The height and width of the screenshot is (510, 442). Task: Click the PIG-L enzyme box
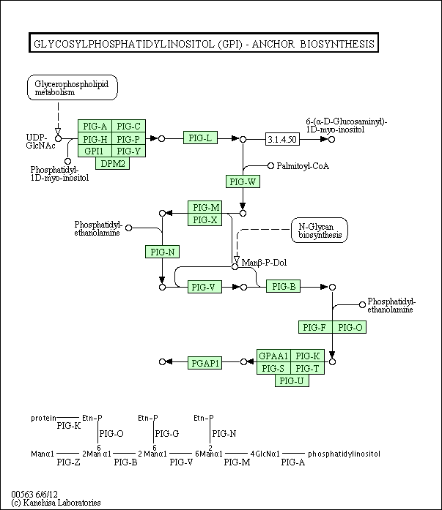200,138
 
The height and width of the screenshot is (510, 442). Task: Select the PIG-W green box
243,181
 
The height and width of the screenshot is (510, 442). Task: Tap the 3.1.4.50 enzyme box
282,138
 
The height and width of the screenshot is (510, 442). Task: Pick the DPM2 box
112,163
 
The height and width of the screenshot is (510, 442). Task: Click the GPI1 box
95,151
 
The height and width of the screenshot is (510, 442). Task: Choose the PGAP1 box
205,361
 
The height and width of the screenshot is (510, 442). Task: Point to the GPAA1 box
273,356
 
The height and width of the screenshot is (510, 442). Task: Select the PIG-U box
291,380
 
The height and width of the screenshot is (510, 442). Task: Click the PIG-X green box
205,220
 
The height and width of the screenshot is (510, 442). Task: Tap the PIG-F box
314,326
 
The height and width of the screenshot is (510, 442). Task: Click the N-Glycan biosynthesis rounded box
319,230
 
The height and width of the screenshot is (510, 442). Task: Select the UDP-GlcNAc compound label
37,140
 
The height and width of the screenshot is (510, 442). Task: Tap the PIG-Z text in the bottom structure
68,462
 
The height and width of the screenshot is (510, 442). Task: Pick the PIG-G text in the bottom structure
167,433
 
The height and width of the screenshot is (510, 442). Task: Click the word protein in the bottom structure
43,418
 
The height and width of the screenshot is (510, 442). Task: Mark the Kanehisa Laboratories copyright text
56,503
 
